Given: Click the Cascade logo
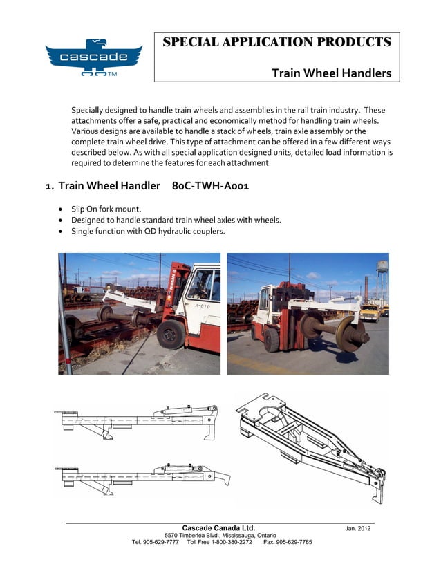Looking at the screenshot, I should click(x=93, y=57).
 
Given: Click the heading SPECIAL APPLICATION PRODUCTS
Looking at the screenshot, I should click(x=276, y=42).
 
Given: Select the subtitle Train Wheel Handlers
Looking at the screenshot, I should click(x=331, y=73).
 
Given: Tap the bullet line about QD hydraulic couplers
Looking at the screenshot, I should click(x=148, y=231).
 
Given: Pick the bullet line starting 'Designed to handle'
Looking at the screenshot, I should click(x=176, y=220).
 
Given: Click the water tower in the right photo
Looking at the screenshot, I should click(x=382, y=273).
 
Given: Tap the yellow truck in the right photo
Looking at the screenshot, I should click(x=369, y=312).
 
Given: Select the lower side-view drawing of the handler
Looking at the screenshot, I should click(x=142, y=475).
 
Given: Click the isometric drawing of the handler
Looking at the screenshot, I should click(x=311, y=446).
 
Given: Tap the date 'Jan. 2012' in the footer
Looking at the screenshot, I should click(x=358, y=529).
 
